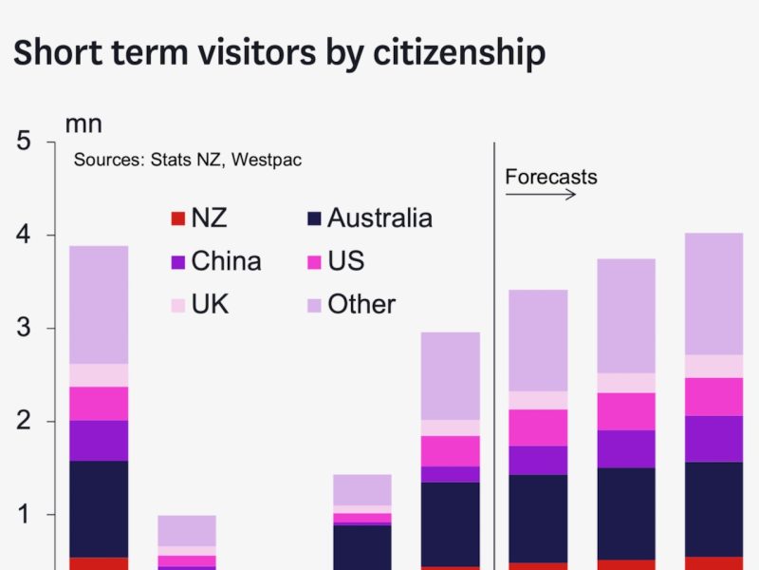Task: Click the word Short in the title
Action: click(x=58, y=53)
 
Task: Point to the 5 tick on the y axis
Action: click(x=24, y=142)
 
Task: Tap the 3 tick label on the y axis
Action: click(x=24, y=329)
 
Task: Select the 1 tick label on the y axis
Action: click(x=24, y=515)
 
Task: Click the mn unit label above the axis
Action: click(x=83, y=123)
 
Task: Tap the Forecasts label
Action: click(x=550, y=177)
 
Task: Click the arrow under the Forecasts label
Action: click(x=540, y=195)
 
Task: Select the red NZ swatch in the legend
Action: click(x=176, y=219)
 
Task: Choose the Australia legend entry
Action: click(x=379, y=218)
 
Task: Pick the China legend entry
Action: click(x=226, y=261)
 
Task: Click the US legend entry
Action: click(x=345, y=261)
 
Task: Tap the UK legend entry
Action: click(x=210, y=304)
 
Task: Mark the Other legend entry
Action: click(x=361, y=304)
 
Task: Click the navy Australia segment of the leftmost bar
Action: click(x=99, y=508)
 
